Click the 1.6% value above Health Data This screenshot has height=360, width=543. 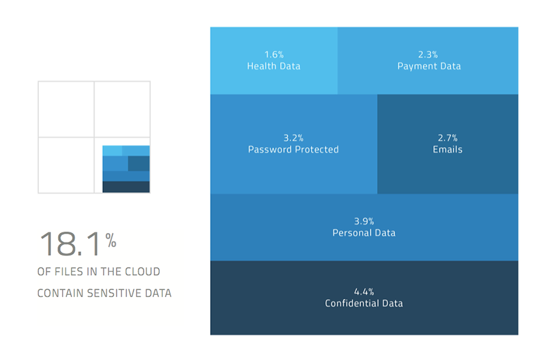(274, 55)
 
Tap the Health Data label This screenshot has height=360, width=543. (274, 66)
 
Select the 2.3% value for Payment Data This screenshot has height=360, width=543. (429, 55)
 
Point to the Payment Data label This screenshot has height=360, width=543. (429, 66)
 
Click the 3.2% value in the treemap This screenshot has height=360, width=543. (293, 138)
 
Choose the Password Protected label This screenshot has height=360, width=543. (293, 149)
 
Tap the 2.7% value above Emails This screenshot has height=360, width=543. (447, 138)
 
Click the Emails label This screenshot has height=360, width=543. (447, 149)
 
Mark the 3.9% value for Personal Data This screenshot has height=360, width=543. (363, 221)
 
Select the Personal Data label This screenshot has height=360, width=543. (363, 233)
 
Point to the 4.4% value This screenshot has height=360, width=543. (363, 292)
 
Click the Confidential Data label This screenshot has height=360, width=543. (363, 303)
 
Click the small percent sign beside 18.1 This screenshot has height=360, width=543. (111, 240)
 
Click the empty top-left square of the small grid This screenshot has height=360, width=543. (66, 109)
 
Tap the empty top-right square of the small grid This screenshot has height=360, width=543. (122, 109)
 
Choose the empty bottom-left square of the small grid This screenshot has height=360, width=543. (66, 165)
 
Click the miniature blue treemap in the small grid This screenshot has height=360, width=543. (126, 169)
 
